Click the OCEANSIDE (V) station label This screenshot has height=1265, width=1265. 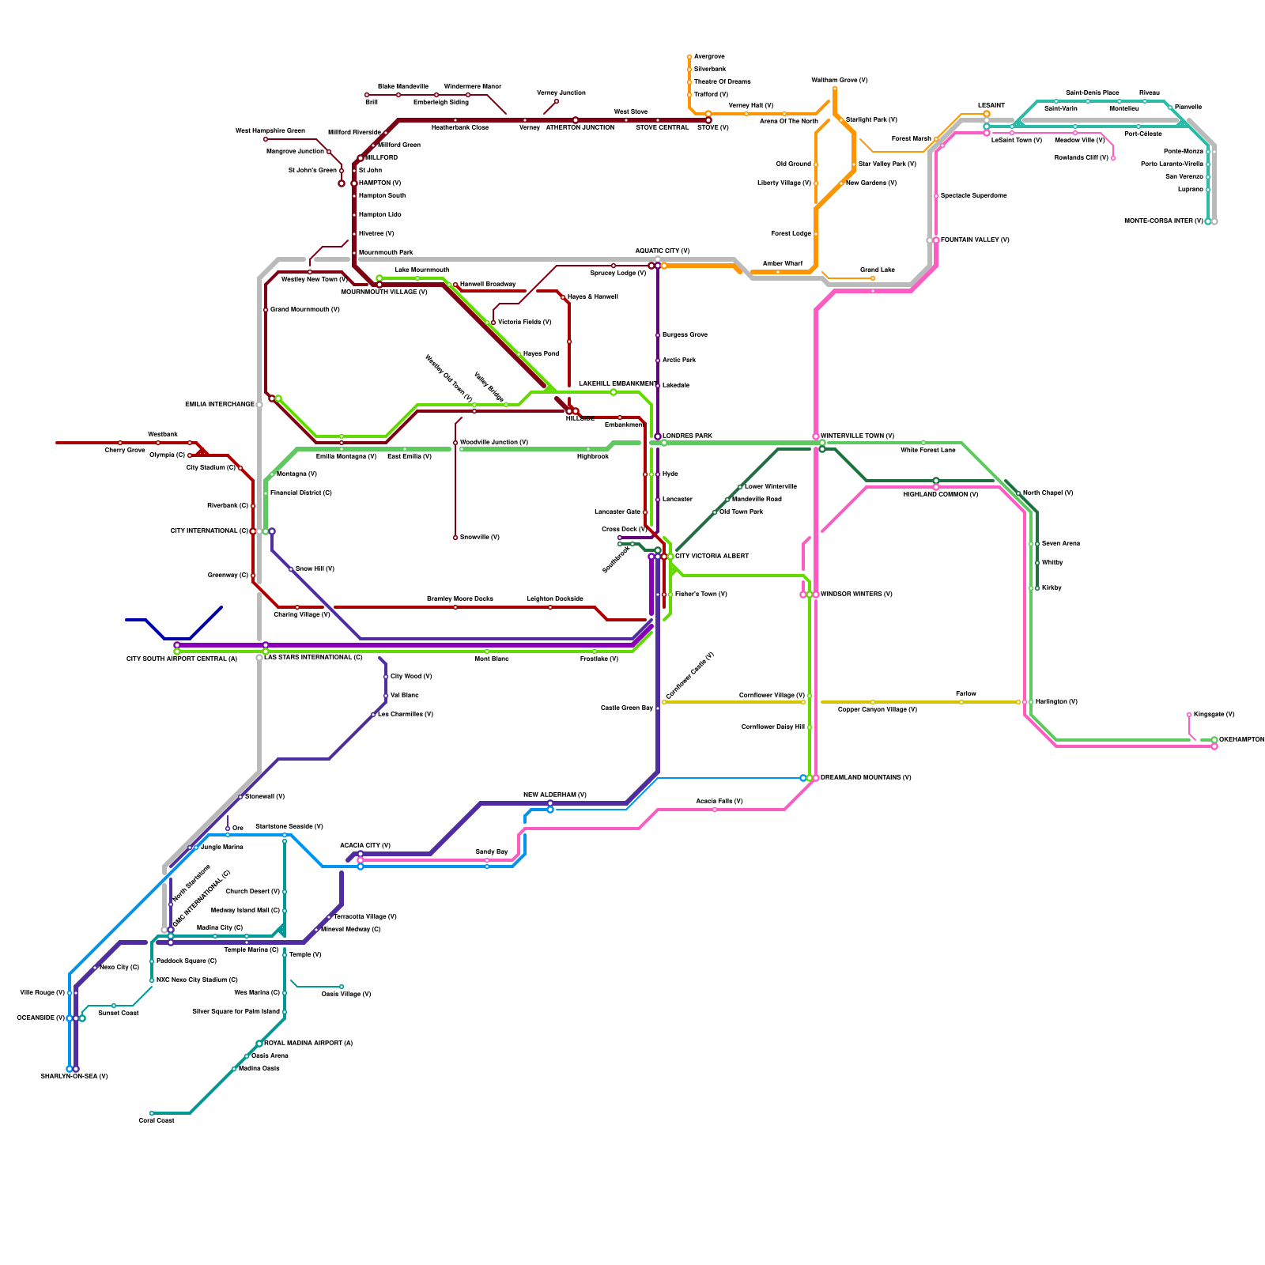point(40,1018)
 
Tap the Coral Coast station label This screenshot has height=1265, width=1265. point(156,1120)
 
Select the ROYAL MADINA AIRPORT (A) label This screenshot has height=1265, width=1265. point(308,1043)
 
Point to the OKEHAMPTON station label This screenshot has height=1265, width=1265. point(1241,739)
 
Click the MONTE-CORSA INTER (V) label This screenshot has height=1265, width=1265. point(1163,221)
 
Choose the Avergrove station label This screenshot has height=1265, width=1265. point(709,56)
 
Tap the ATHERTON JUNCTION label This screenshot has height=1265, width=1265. point(580,127)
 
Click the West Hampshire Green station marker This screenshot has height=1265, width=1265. point(266,139)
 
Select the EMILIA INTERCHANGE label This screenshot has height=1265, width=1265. point(220,404)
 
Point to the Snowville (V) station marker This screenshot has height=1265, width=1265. point(455,538)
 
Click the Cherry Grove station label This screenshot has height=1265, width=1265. point(125,450)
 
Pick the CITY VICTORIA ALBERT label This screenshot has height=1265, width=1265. point(712,556)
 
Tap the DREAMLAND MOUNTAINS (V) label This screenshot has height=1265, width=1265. point(866,777)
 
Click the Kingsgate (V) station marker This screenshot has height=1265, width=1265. point(1189,715)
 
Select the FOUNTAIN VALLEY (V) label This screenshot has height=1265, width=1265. point(975,240)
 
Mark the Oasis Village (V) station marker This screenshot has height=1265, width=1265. point(342,987)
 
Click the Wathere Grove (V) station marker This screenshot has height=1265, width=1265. point(835,89)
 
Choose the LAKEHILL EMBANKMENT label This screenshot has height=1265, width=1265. point(617,383)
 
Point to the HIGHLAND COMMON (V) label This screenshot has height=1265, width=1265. point(941,494)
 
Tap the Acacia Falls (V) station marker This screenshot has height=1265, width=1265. point(715,810)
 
